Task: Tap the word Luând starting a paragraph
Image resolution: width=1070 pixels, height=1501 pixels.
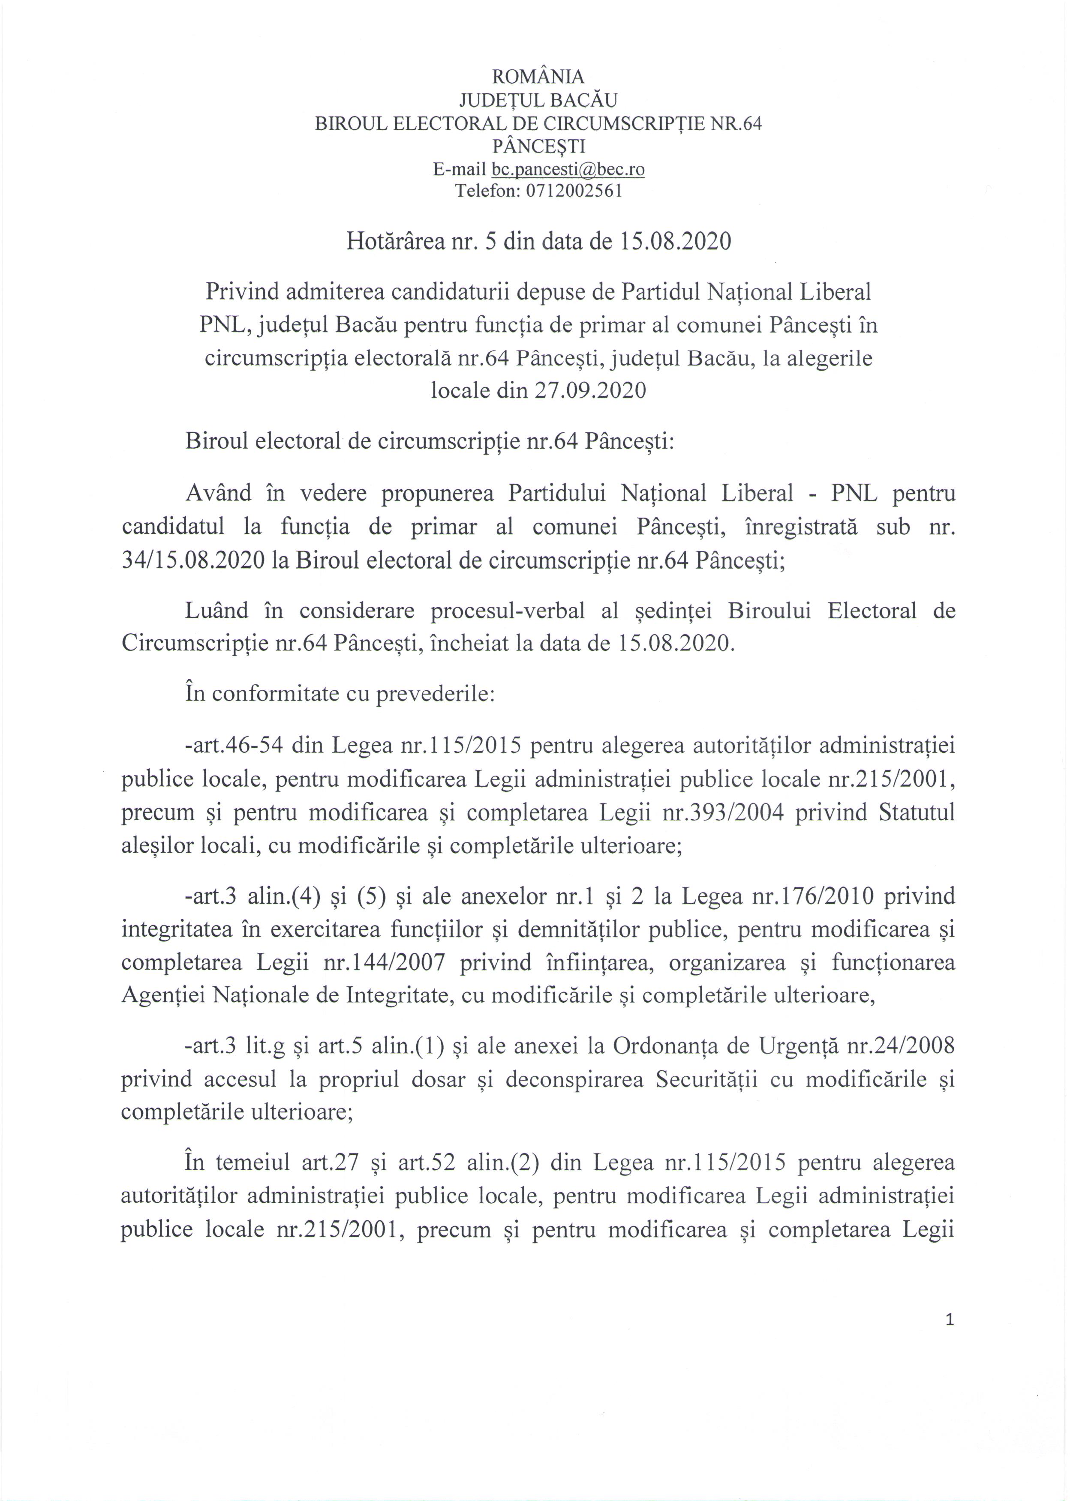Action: (x=217, y=611)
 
